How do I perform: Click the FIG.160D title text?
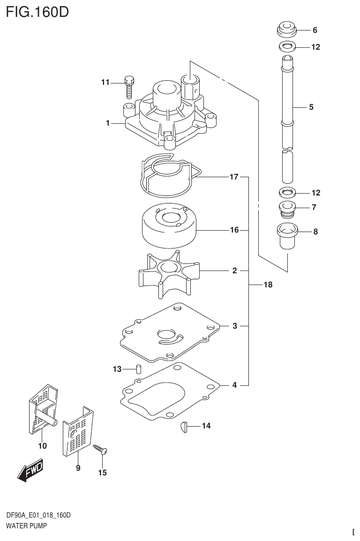[37, 11]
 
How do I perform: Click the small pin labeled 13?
[138, 368]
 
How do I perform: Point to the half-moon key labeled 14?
[183, 426]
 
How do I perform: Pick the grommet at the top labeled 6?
[286, 30]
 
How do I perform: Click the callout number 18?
[268, 285]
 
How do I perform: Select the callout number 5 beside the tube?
[311, 107]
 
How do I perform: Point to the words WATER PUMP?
[26, 526]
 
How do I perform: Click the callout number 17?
[234, 177]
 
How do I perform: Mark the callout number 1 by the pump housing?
[108, 123]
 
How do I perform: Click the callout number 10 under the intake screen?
[43, 446]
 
